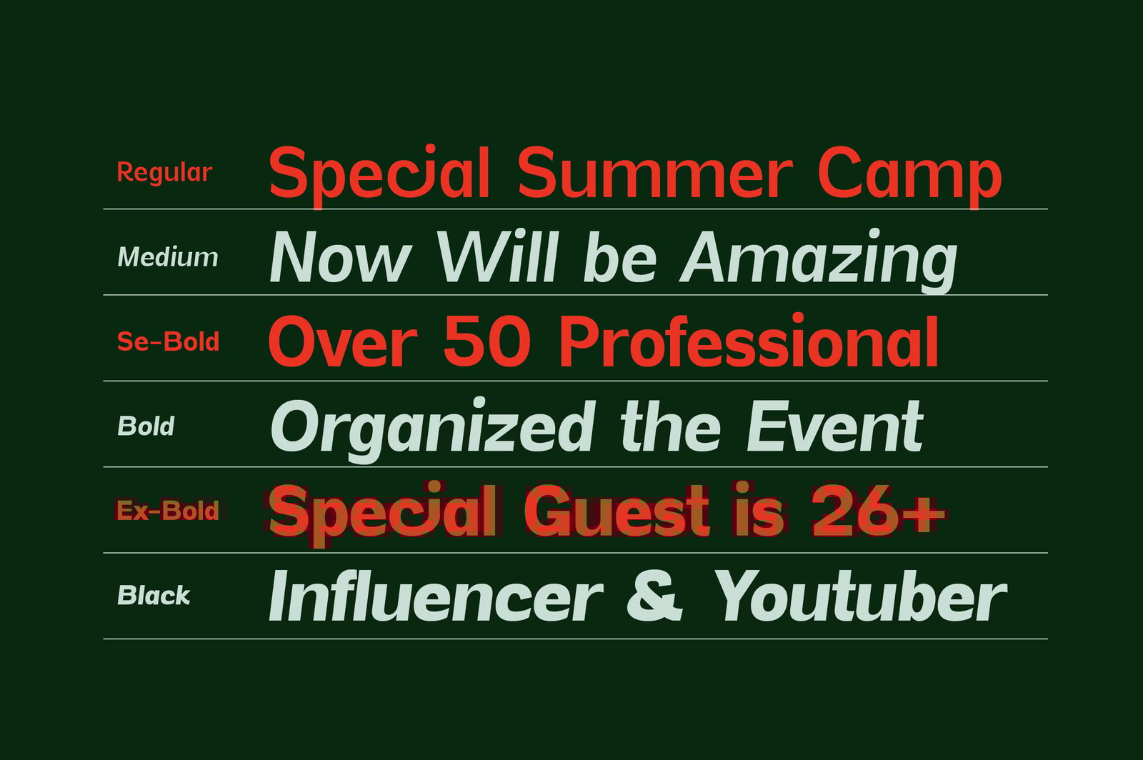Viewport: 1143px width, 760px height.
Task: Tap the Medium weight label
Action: (167, 256)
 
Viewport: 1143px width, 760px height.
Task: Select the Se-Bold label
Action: (168, 341)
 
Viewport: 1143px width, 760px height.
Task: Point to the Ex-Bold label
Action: (167, 511)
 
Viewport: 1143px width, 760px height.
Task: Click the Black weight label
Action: (154, 595)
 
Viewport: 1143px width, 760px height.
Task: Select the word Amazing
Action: (819, 261)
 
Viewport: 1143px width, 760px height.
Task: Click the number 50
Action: (486, 341)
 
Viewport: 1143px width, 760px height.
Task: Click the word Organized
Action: (431, 430)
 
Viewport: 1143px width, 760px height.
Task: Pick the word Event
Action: (835, 426)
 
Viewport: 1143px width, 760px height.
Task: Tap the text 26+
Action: (879, 511)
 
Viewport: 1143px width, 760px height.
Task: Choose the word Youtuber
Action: (860, 595)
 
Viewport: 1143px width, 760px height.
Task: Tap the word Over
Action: (343, 341)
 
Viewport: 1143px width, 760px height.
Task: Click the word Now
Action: (340, 256)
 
